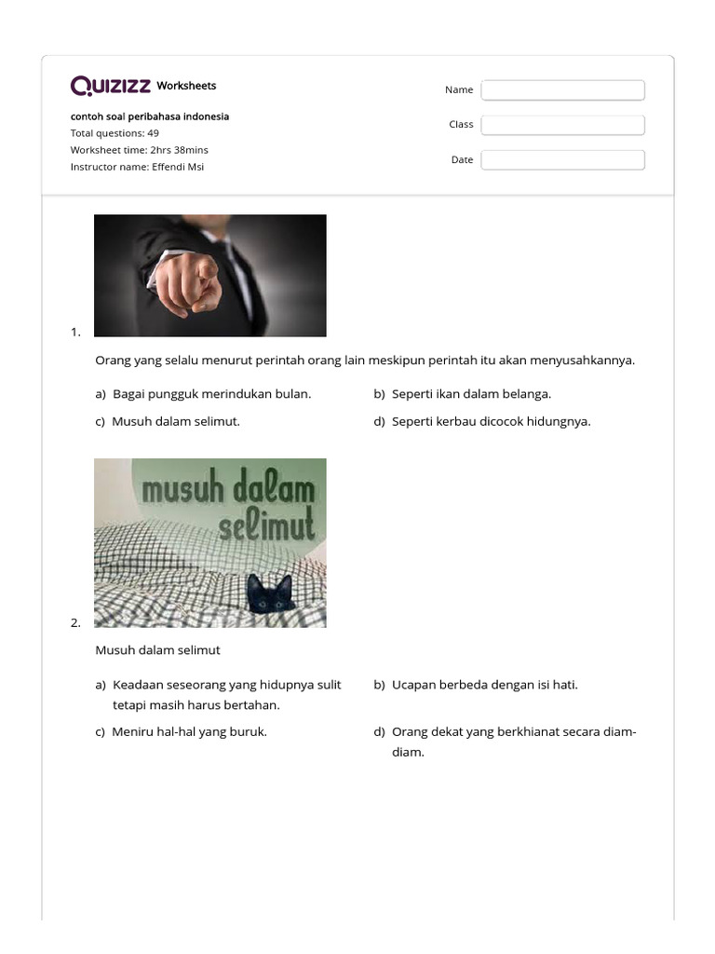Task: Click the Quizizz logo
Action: pyautogui.click(x=111, y=87)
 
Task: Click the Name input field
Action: pyautogui.click(x=562, y=89)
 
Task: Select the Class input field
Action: pyautogui.click(x=562, y=125)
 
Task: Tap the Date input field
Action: pyautogui.click(x=562, y=160)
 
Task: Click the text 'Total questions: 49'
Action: pyautogui.click(x=115, y=133)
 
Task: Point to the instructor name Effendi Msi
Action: pyautogui.click(x=137, y=167)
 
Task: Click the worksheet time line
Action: pyautogui.click(x=140, y=150)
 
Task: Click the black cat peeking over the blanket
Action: pyautogui.click(x=269, y=593)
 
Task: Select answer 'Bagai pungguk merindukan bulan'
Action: pyautogui.click(x=211, y=394)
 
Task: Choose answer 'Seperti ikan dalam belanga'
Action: pyautogui.click(x=471, y=394)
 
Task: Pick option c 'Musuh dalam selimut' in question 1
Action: pyautogui.click(x=175, y=421)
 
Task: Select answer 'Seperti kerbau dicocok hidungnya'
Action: pyautogui.click(x=491, y=421)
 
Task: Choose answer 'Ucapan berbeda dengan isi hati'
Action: pyautogui.click(x=484, y=685)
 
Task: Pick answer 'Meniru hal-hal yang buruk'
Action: pyautogui.click(x=189, y=732)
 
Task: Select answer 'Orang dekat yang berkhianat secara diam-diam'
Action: pyautogui.click(x=513, y=732)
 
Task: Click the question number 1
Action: pyautogui.click(x=75, y=332)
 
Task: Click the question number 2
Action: pyautogui.click(x=75, y=622)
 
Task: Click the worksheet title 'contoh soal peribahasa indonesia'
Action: pyautogui.click(x=150, y=116)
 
